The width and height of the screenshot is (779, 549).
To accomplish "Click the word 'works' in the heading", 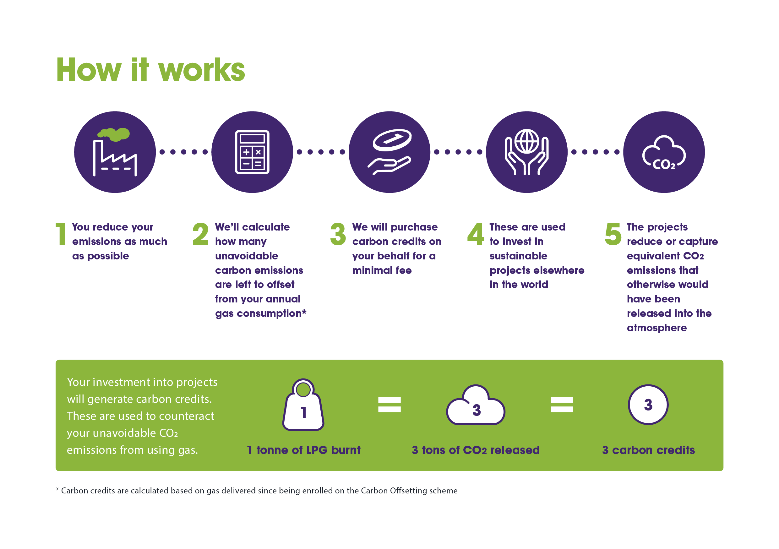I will pos(202,70).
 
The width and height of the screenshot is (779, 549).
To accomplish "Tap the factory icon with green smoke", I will pos(115,152).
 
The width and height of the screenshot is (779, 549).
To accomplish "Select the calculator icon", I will pos(252,152).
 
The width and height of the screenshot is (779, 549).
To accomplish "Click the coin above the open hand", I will pos(392,140).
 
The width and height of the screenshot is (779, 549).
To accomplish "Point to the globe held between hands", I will pos(526,141).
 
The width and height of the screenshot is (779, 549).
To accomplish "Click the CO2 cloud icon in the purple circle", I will pos(664,153).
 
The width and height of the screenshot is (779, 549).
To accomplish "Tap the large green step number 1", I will pos(61,234).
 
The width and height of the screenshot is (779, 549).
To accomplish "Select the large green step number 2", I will pos(200,234).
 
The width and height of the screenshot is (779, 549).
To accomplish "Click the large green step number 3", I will pos(338,234).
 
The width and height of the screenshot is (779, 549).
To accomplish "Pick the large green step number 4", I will pos(475,234).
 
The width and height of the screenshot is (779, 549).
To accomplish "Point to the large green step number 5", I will pos(613,234).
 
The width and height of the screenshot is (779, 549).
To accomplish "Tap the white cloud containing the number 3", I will pos(475,406).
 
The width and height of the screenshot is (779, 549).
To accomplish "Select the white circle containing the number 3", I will pos(648,405).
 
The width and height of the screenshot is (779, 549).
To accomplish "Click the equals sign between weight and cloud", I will pos(389,405).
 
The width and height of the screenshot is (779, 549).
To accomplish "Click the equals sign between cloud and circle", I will pos(562,405).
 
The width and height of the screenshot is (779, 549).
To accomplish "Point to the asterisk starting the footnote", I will pos(57,490).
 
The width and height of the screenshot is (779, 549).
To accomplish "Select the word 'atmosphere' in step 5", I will pos(656,328).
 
